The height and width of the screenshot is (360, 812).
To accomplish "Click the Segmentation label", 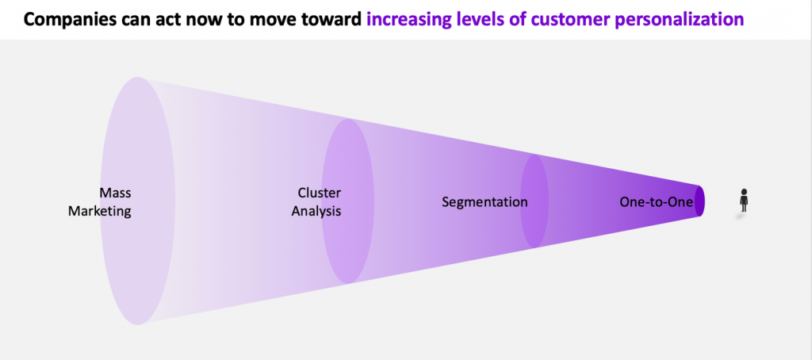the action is pos(485,202).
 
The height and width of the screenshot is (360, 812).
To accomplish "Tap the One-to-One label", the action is pos(656,202).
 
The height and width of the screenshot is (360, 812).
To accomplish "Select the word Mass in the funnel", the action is pos(116,193).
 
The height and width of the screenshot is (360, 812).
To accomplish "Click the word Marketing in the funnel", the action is pos(99,212).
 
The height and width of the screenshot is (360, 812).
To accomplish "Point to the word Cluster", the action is pos(320,193).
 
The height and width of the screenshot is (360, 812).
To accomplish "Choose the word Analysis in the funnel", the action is pos(316,212).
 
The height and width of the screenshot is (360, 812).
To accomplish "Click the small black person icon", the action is pos(744,200).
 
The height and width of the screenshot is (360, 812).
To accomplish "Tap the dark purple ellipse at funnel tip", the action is pos(699,201).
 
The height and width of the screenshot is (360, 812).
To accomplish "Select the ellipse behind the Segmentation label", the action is pos(534,201).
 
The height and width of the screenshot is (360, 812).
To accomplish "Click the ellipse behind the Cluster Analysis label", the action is pos(348,201).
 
